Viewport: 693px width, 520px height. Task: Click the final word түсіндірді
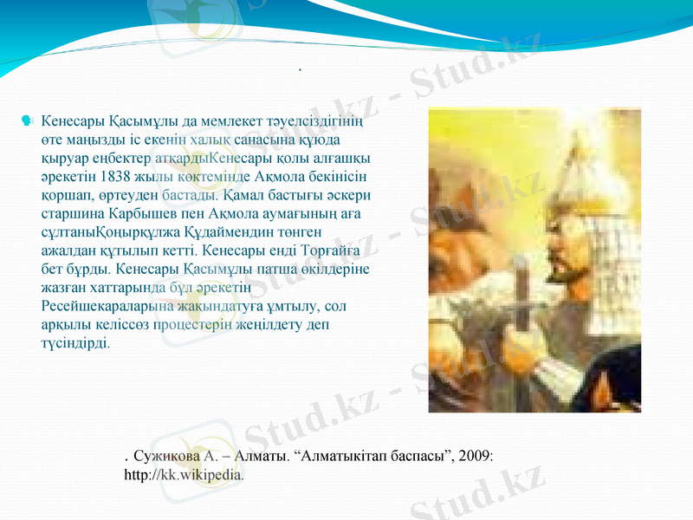tap(75, 342)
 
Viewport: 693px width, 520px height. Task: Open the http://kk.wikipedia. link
tap(184, 474)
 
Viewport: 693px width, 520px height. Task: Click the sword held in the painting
tap(520, 295)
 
